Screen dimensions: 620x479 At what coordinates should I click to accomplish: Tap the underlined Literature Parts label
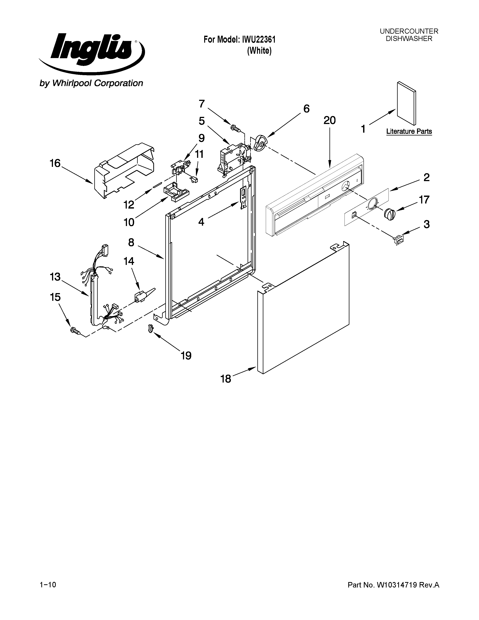[x=409, y=132]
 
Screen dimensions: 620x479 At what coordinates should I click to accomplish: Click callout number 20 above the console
[x=329, y=120]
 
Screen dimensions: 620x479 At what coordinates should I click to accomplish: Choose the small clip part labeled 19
[x=151, y=329]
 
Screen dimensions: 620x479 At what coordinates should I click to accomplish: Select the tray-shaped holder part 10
[x=176, y=192]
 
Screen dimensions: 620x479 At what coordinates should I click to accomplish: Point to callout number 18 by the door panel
[x=226, y=379]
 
